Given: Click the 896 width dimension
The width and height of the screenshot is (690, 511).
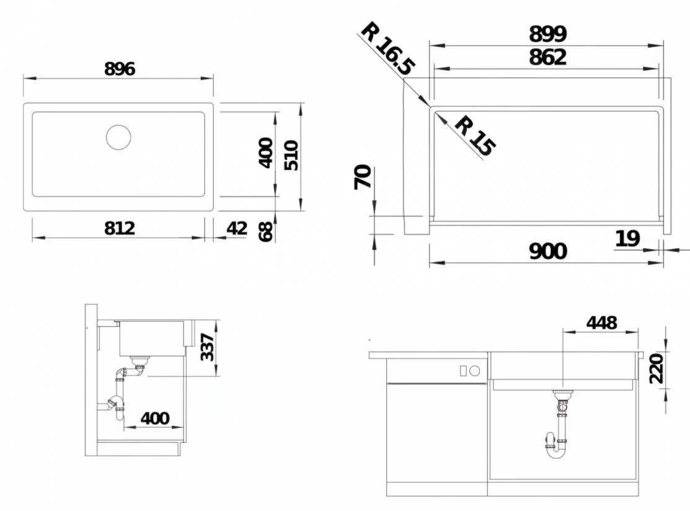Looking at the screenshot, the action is coord(120,69).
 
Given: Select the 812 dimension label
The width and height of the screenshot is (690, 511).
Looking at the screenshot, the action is coord(120,228).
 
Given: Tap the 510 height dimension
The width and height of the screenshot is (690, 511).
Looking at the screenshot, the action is coord(291,156).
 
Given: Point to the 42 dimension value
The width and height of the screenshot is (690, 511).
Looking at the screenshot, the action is coord(237,228).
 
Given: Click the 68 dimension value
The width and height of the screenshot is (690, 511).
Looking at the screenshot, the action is coord(266,231).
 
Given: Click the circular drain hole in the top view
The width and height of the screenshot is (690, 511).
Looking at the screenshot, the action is coord(118,137).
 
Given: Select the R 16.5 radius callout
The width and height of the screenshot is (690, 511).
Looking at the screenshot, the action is coord(387,48).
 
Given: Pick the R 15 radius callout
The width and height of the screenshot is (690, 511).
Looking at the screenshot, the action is coord(474,136).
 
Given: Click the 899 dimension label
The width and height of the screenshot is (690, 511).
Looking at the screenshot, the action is coord(547,34).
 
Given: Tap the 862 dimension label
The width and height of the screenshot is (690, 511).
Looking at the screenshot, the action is coord(547,57).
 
